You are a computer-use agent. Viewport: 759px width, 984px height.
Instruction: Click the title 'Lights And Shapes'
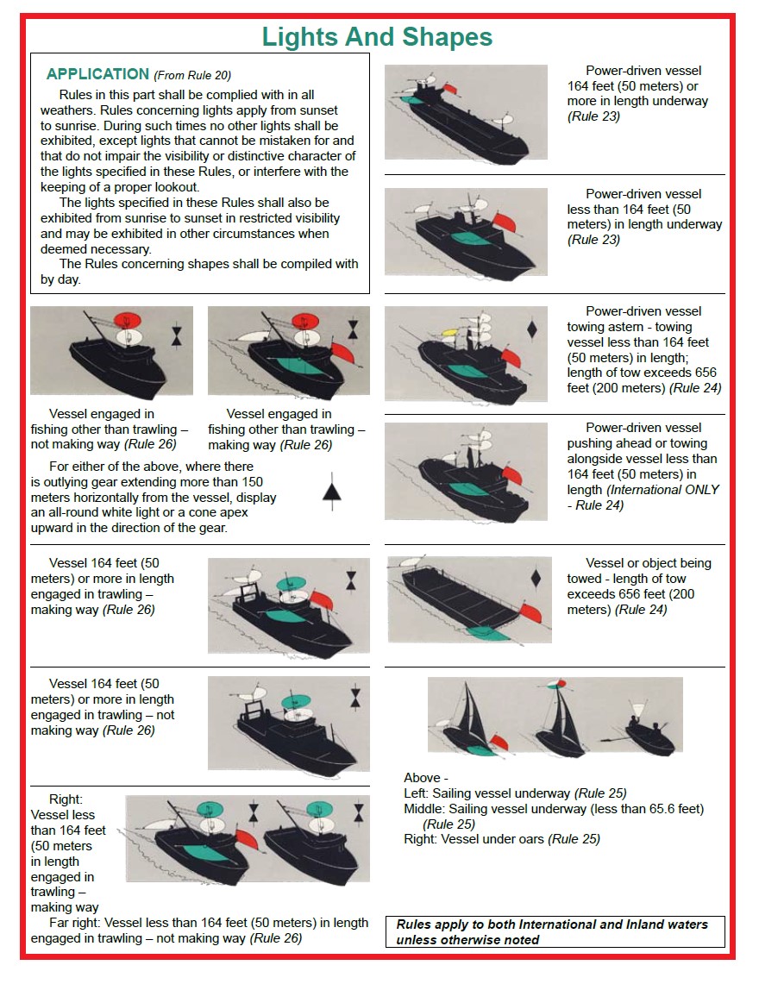tap(377, 37)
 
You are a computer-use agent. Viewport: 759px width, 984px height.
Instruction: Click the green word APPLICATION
tap(97, 74)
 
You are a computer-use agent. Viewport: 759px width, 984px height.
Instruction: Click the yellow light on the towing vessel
tap(449, 333)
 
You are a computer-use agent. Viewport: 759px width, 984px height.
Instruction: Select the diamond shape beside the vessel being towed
tap(536, 579)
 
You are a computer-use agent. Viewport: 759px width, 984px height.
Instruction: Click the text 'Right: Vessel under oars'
tap(501, 838)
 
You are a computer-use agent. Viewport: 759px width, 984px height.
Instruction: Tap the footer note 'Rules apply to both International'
tap(552, 924)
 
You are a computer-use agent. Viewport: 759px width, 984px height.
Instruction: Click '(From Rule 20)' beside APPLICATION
tap(192, 75)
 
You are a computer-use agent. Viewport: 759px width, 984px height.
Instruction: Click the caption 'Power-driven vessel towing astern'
tap(643, 319)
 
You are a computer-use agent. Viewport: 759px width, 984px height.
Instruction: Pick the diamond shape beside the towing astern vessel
tap(532, 329)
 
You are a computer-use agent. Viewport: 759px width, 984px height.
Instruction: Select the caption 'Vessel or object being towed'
tap(648, 563)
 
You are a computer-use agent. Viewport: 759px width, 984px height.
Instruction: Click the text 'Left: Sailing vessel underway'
tap(515, 793)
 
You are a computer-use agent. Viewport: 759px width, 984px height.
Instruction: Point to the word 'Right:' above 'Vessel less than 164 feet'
tap(66, 799)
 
